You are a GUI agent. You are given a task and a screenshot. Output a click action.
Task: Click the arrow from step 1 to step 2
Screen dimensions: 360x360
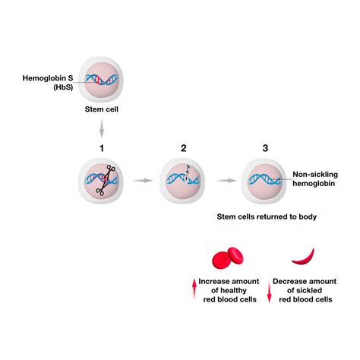143,182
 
